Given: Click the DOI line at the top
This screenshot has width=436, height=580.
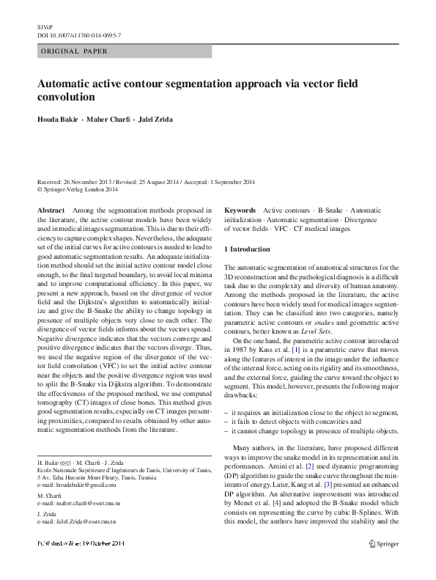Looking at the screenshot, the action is click(x=79, y=34).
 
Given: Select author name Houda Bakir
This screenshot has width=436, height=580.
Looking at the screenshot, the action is click(x=59, y=119).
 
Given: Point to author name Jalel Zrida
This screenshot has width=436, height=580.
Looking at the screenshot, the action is click(x=158, y=119).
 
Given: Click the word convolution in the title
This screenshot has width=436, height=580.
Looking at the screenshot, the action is click(x=67, y=96).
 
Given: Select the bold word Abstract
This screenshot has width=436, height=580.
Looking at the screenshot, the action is click(x=51, y=210).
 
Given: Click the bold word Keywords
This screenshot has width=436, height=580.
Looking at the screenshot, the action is click(x=240, y=210).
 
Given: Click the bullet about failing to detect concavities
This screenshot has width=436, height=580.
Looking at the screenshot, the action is click(x=296, y=422).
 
